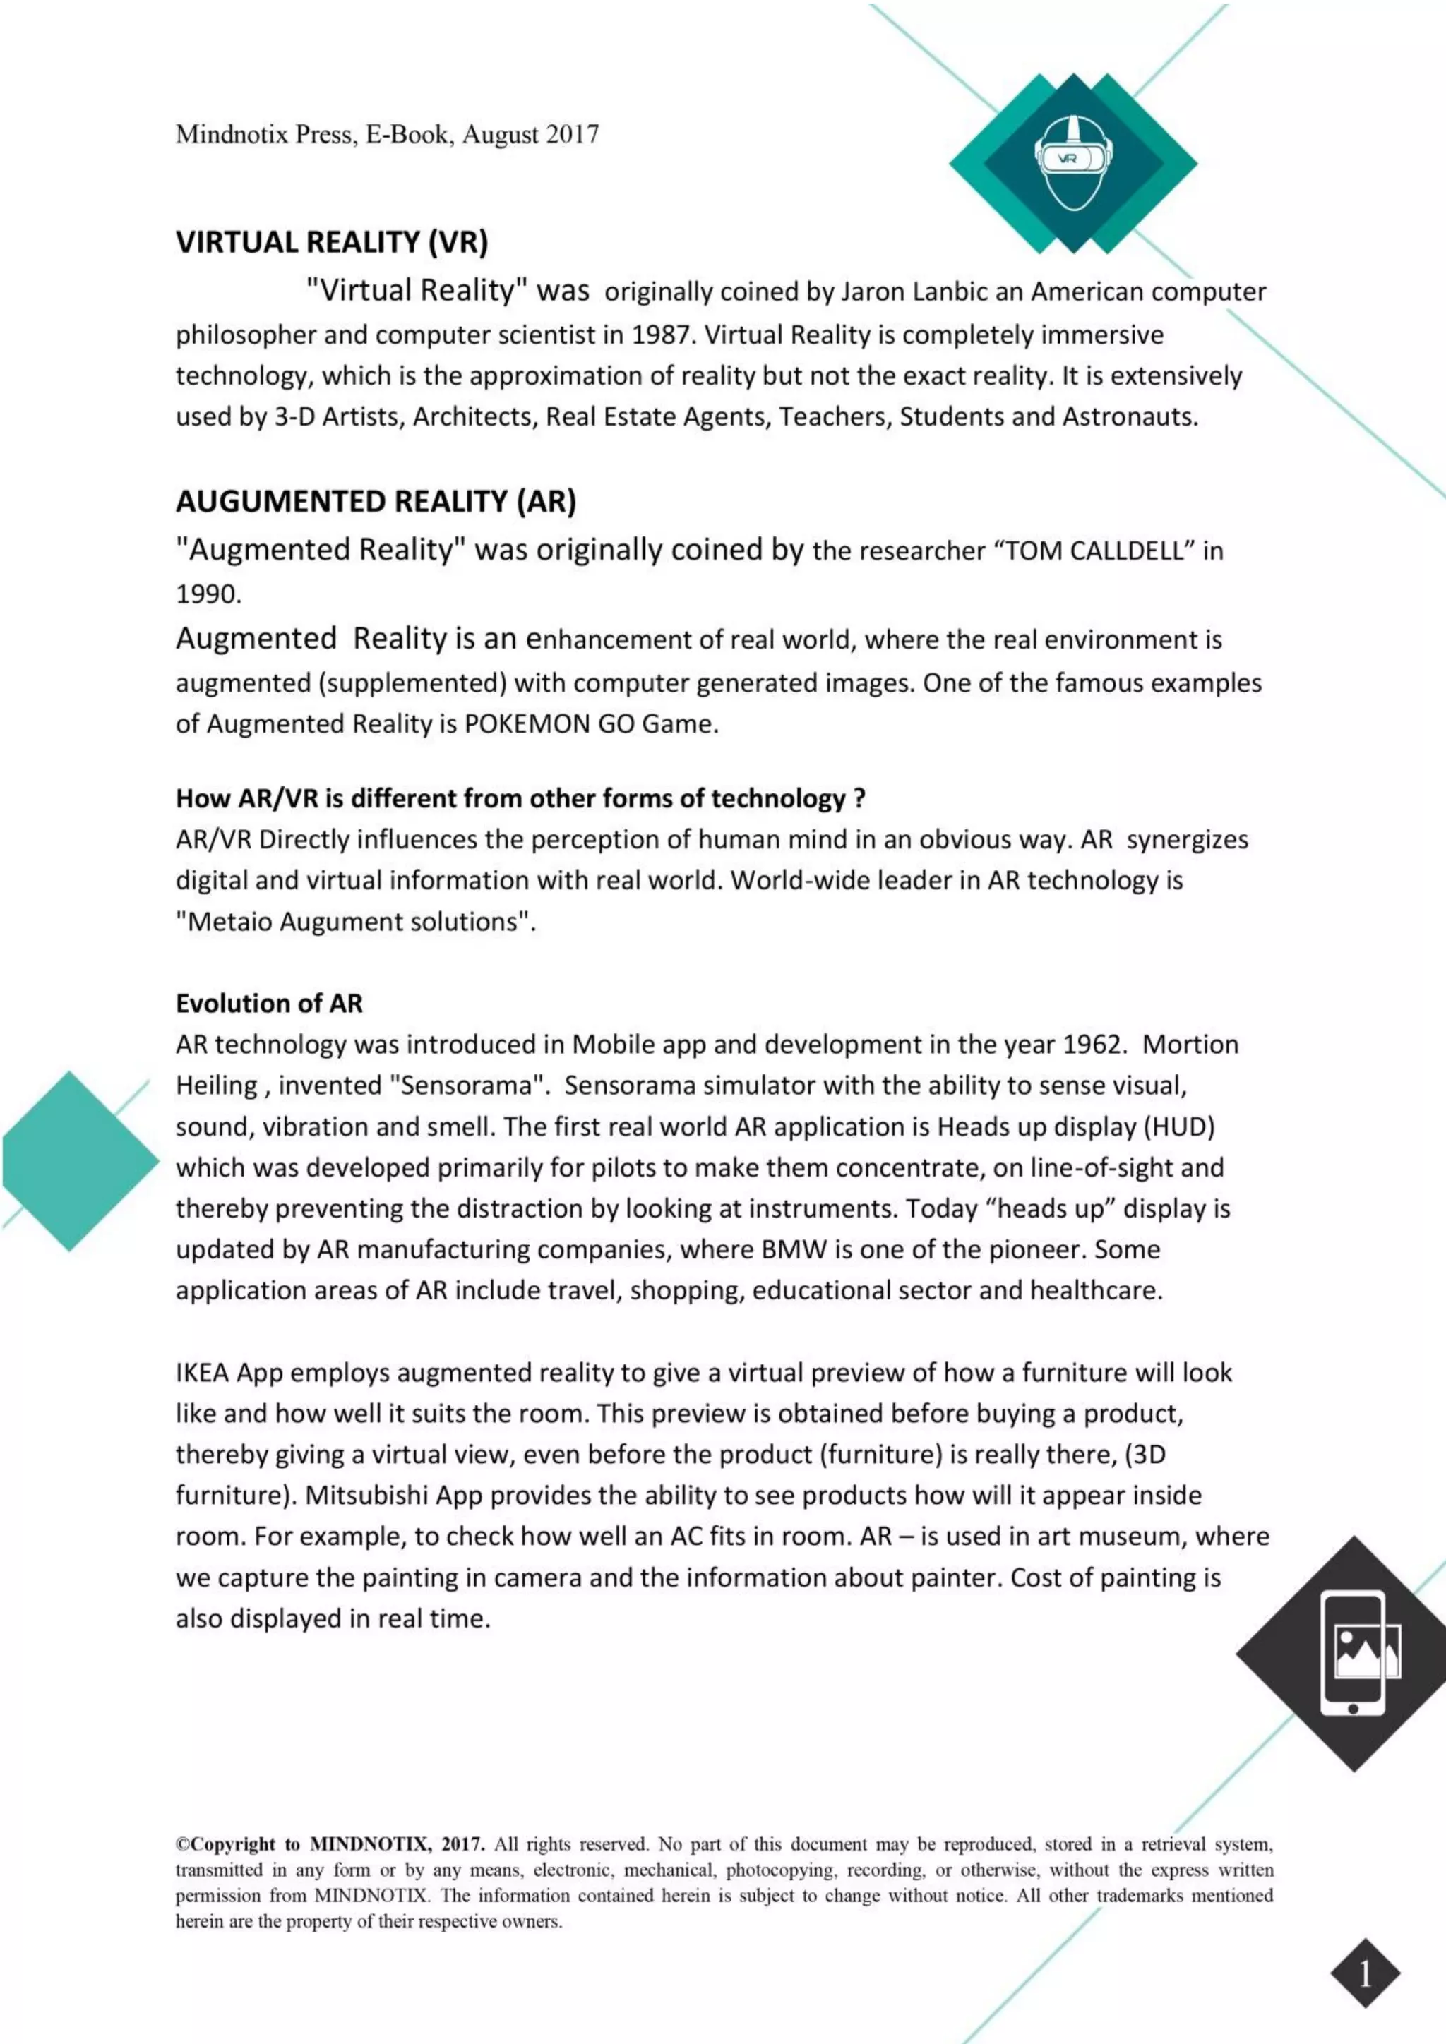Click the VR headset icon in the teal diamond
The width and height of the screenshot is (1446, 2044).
tap(1074, 162)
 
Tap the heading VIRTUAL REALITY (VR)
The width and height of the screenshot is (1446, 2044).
tap(331, 242)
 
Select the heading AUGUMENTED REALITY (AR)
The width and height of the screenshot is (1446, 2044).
tap(376, 501)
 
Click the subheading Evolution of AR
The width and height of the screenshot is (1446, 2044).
tap(269, 1004)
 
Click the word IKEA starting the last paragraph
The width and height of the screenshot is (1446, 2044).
tap(202, 1372)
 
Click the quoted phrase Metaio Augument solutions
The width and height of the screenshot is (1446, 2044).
tap(355, 921)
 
